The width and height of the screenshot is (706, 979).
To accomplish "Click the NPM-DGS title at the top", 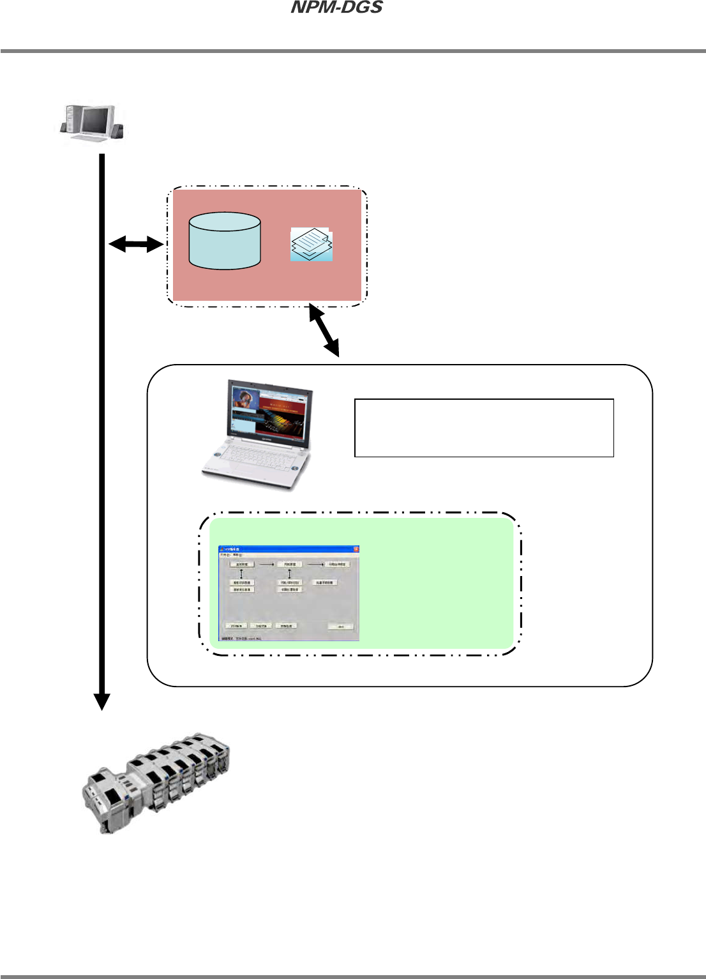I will (x=336, y=8).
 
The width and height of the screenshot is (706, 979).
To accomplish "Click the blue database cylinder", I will (x=225, y=241).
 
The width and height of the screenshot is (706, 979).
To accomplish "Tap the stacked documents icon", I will (x=312, y=245).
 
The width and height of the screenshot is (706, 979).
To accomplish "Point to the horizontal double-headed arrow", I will (x=136, y=243).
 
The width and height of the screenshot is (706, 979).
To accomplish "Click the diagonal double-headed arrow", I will (x=324, y=330).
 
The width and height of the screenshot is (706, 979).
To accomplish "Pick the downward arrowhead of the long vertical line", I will (x=101, y=701).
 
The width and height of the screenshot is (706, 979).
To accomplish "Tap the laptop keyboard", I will (x=255, y=457).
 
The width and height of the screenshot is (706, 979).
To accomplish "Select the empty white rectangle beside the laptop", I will (x=484, y=428).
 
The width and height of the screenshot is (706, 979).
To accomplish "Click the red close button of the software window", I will (x=356, y=549).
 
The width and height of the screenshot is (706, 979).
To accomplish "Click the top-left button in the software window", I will (x=242, y=565).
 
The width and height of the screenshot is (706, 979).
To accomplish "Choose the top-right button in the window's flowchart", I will (x=337, y=565).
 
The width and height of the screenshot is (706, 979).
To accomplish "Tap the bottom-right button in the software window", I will (x=341, y=626).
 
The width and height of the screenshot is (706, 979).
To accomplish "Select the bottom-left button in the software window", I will (x=236, y=626).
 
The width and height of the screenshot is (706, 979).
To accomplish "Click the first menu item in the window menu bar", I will (x=225, y=556).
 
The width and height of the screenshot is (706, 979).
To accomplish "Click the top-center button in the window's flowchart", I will (x=289, y=565).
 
